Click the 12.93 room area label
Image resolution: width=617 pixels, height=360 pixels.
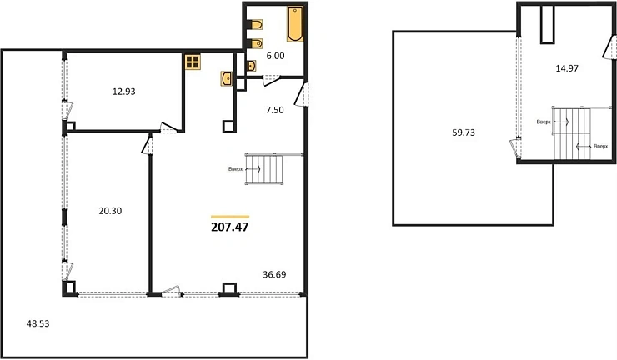click(123, 92)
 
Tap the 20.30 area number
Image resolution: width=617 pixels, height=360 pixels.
click(110, 211)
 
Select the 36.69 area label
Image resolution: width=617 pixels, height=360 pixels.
click(275, 274)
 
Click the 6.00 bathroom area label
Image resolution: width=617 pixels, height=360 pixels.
click(274, 56)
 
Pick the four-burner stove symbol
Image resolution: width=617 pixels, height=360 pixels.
click(193, 61)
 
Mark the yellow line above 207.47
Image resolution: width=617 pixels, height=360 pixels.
click(231, 216)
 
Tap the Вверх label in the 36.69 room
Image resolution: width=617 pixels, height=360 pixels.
click(237, 170)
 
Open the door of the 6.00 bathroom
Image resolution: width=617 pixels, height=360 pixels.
click(271, 81)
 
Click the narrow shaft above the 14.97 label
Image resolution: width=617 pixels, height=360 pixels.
click(546, 23)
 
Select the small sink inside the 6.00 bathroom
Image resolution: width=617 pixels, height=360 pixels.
click(251, 64)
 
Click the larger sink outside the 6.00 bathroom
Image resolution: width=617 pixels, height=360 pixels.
click(227, 78)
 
